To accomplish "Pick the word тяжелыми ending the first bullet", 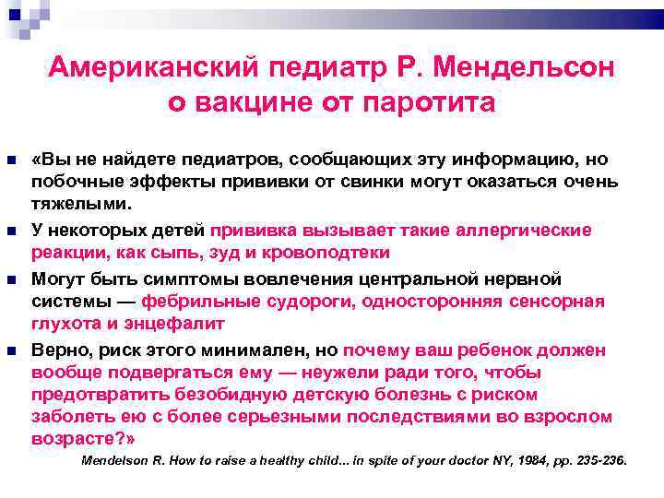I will tap(81, 204).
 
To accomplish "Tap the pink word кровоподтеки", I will tap(327, 252).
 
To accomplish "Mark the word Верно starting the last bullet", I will tap(60, 350).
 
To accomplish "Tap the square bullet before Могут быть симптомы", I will tap(11, 279).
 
